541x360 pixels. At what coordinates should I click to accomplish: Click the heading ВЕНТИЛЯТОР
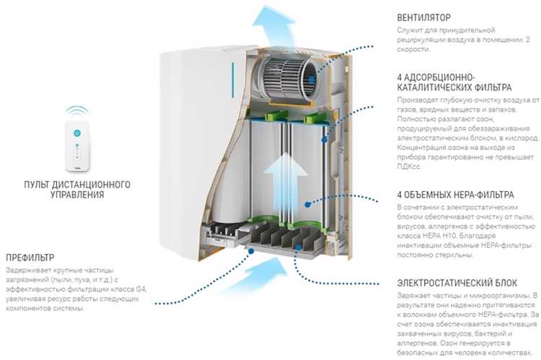pos(423,17)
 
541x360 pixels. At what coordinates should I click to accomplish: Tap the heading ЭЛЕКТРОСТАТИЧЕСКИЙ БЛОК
pos(457,283)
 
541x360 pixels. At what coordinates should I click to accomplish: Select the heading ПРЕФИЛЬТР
pos(30,258)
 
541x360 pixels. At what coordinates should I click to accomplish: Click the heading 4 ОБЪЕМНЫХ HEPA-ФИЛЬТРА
pos(455,195)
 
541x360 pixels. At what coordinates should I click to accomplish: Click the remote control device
pos(77,146)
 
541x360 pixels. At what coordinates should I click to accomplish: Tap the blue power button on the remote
pos(77,133)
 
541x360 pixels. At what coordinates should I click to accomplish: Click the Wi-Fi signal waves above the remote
pos(77,111)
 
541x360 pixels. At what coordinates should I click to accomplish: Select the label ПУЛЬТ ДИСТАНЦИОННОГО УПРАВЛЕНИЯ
pos(77,189)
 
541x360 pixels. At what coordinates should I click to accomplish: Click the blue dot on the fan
pos(311,79)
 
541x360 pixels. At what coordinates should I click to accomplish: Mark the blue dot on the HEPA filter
pos(308,204)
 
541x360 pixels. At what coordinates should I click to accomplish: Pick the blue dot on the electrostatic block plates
pos(298,247)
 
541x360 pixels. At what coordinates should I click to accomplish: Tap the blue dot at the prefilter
pos(251,251)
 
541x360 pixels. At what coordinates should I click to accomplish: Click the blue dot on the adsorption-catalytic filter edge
pos(324,140)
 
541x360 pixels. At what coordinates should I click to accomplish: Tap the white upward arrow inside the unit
pos(285,183)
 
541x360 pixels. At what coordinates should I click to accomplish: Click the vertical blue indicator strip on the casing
pos(233,79)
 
